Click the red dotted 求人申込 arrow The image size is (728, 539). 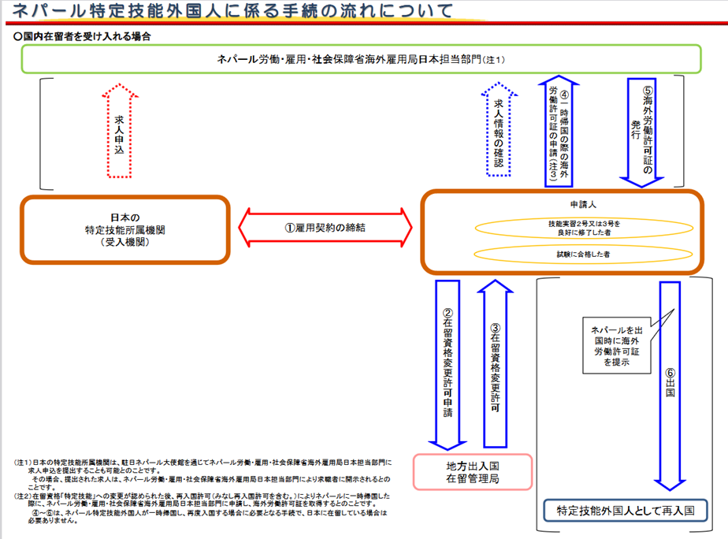coord(120,131)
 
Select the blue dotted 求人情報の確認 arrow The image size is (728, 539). coord(499,129)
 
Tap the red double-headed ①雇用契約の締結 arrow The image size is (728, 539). coord(325,228)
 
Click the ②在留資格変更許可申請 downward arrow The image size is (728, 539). coord(448,365)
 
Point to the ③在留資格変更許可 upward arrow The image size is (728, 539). coord(495,363)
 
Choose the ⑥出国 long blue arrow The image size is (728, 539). coord(670,386)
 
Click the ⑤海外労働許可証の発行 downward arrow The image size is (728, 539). coord(641,132)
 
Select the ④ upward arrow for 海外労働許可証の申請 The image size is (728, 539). coord(559,132)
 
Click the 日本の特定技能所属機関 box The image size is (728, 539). coord(125,230)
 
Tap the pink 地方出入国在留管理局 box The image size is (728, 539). coord(473,472)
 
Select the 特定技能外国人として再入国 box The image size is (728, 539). coord(626,511)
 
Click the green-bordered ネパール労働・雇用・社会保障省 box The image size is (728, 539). coord(361,59)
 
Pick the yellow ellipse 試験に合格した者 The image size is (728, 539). coord(583,254)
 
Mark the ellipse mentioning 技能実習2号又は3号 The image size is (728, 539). coord(584,228)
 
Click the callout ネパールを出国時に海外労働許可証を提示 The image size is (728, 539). coord(617,345)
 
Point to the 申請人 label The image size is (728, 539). coord(583,204)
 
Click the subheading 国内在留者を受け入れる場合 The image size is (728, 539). coord(82,36)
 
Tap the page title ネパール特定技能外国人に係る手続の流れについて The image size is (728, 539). coord(232,11)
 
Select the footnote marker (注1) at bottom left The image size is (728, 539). coord(23,463)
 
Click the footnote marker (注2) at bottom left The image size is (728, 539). coord(23,496)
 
